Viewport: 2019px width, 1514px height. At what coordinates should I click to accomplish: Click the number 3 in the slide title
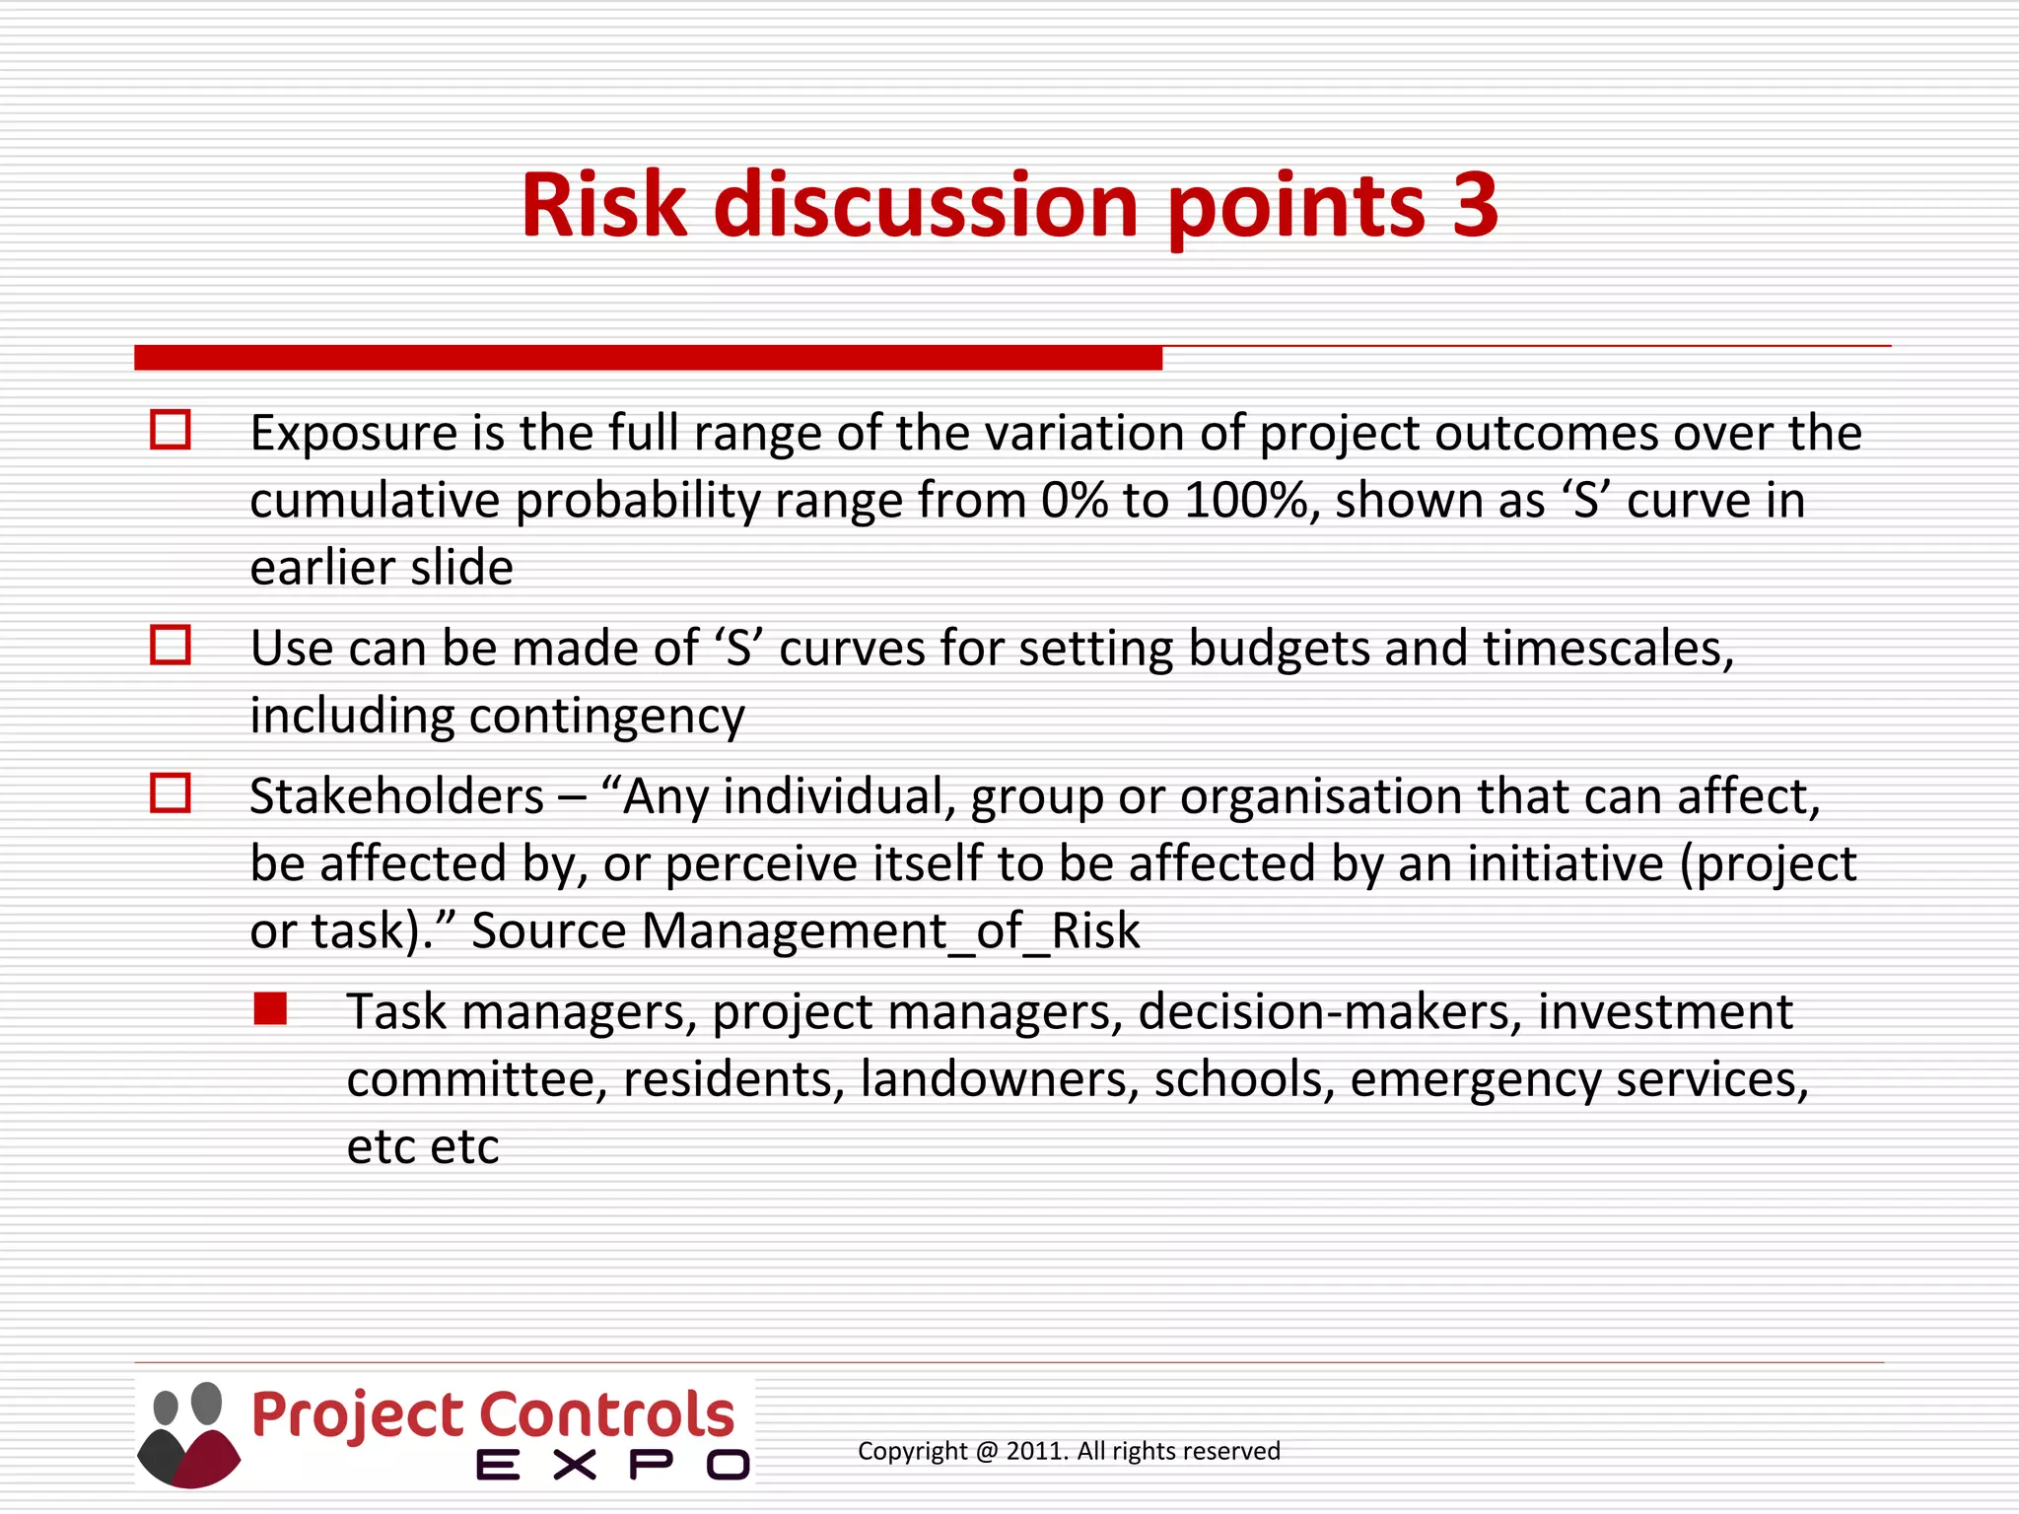[x=1474, y=205]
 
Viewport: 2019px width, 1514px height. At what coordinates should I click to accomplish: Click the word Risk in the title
[x=602, y=205]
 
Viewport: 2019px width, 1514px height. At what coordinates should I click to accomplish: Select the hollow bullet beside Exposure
[x=170, y=431]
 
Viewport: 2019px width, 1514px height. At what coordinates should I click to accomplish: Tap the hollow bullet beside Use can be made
[x=170, y=646]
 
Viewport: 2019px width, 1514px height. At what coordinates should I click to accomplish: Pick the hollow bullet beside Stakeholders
[x=170, y=793]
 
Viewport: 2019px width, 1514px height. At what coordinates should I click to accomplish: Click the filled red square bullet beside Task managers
[x=269, y=1009]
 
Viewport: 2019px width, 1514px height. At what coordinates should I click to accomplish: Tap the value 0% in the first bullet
[x=1074, y=501]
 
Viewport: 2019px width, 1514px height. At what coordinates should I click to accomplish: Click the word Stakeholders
[x=396, y=796]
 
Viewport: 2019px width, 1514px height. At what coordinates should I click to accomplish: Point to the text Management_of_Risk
[x=890, y=931]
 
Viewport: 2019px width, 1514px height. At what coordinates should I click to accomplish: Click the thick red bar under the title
[x=648, y=358]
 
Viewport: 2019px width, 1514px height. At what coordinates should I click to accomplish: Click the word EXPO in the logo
[x=612, y=1465]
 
